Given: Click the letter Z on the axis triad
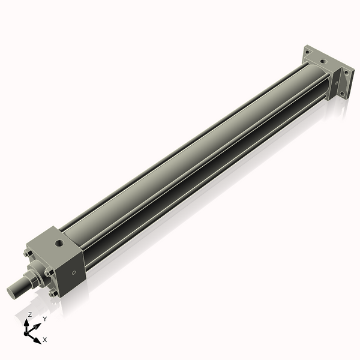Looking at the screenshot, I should [x=30, y=314].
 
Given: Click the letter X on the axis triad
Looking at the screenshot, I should [x=45, y=340].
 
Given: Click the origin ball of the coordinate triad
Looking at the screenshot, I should [x=28, y=332].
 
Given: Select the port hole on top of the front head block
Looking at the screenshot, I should [x=59, y=244].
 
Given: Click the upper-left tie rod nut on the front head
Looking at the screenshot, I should [x=28, y=254].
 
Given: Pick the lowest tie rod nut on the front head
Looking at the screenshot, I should [x=53, y=293].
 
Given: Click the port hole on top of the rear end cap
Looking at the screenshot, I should [x=323, y=61].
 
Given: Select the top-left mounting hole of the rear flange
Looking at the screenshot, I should [x=308, y=52].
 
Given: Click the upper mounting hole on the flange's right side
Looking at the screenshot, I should [x=345, y=73].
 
